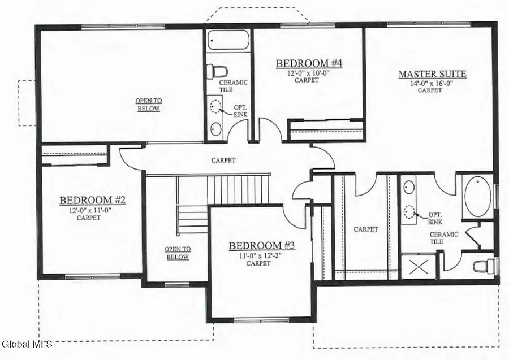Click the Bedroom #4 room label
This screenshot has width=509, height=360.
click(309, 63)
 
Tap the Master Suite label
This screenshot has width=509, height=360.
click(433, 74)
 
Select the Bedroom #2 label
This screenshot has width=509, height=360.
click(92, 200)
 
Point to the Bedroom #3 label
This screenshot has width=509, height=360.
click(262, 246)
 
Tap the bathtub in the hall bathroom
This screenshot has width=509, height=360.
click(227, 41)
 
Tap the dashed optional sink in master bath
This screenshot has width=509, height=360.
click(410, 212)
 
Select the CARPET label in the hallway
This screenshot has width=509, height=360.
click(223, 161)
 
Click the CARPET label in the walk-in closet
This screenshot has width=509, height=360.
click(365, 229)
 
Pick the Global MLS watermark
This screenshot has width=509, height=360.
click(27, 344)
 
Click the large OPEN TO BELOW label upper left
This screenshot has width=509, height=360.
click(148, 105)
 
